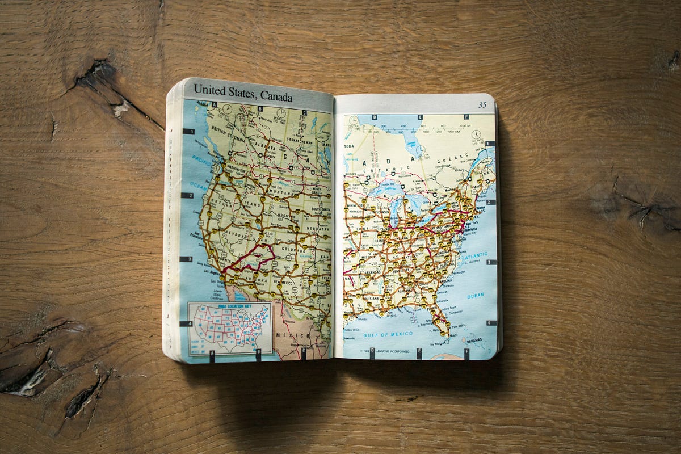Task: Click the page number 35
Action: click(x=482, y=105)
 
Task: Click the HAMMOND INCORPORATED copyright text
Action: click(x=388, y=352)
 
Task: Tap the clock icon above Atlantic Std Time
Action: click(x=476, y=134)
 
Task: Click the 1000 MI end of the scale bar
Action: click(x=464, y=125)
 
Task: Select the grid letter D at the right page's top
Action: click(x=373, y=117)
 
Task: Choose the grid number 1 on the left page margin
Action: click(x=188, y=132)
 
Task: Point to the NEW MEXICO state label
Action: click(x=284, y=282)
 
